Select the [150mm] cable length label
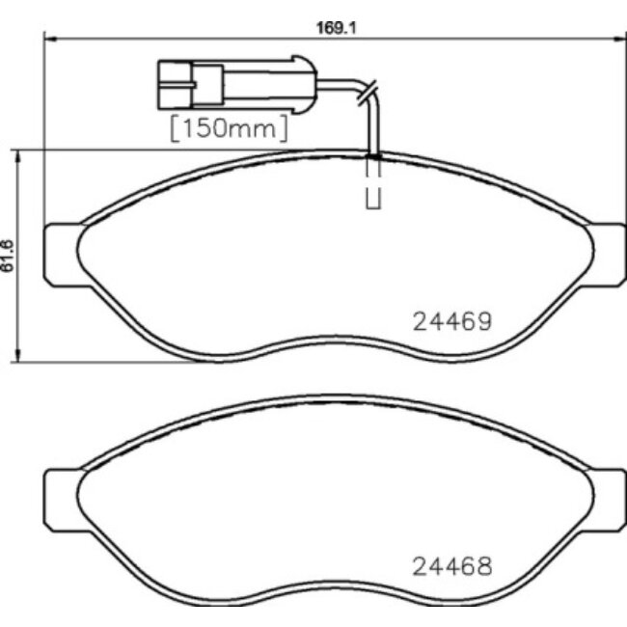tap(229, 127)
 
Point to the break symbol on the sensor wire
tap(365, 92)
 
